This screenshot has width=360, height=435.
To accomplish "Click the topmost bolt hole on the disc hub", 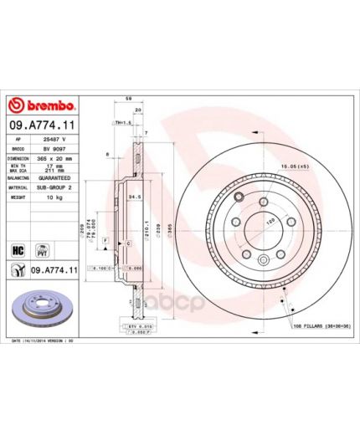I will (x=239, y=197).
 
